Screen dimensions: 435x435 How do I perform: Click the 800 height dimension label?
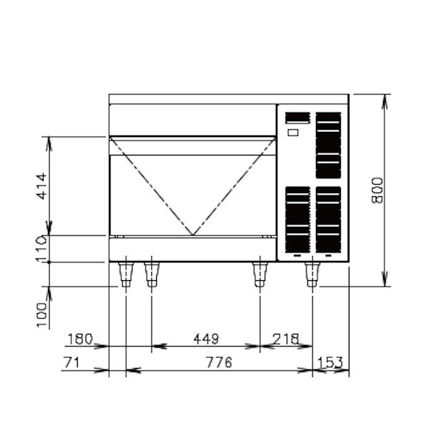(377, 190)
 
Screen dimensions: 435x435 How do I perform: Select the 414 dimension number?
(42, 186)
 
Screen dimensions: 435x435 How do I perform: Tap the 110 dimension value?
(42, 249)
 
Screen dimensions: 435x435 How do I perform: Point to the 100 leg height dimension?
(42, 315)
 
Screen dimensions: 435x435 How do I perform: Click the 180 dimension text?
(80, 339)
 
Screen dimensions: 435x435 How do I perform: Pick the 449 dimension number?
(206, 339)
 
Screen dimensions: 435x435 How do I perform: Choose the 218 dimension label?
(286, 339)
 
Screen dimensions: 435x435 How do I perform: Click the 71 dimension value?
(71, 362)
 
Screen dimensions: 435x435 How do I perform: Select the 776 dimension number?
(219, 362)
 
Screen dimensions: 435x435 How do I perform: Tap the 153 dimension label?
(330, 362)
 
